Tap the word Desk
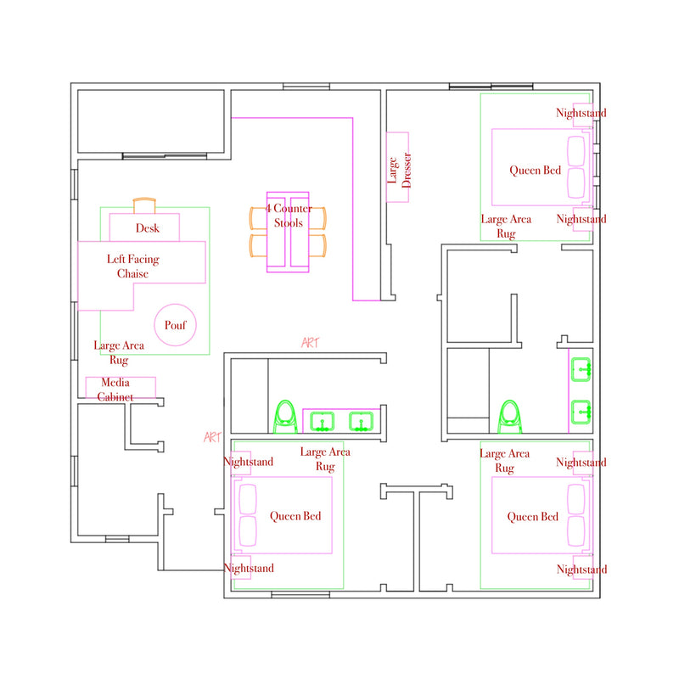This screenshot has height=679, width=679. (147, 228)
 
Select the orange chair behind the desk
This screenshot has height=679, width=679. (144, 205)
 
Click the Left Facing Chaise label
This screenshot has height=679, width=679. (133, 267)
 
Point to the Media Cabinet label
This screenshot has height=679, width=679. (115, 390)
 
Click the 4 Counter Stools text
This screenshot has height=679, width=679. (289, 216)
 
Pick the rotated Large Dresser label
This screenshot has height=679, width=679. (399, 171)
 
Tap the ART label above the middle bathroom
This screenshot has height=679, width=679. (310, 343)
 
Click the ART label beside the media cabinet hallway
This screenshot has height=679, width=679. (213, 437)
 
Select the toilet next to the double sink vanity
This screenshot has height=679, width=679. (285, 417)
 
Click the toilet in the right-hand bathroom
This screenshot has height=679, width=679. (510, 417)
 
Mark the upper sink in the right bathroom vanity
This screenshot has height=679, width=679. (581, 369)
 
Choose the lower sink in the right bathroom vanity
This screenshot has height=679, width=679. (581, 412)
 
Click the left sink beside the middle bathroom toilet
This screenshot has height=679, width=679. (322, 422)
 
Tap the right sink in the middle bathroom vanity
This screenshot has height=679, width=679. (362, 422)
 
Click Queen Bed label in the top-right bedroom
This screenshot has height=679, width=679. (536, 171)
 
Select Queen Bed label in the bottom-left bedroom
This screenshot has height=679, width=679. (295, 516)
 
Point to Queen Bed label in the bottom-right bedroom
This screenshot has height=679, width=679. (533, 517)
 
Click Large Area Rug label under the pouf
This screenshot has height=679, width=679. (119, 352)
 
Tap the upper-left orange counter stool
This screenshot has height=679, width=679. (258, 218)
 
